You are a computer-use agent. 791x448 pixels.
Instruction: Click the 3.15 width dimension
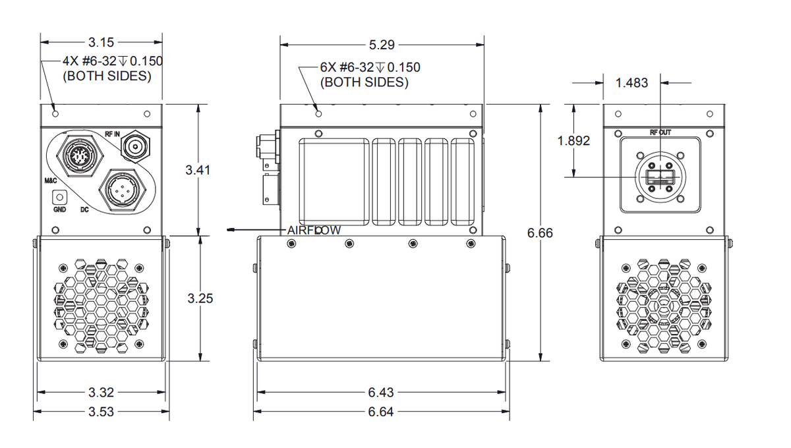coord(102,43)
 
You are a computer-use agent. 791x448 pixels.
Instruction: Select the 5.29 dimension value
coord(382,45)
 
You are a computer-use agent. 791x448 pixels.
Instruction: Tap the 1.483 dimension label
coord(631,83)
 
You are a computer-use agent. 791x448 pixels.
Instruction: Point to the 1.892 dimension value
coord(573,141)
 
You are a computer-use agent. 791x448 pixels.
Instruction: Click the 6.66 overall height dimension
coord(540,233)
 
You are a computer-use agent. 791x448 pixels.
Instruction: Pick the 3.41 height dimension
coord(198,170)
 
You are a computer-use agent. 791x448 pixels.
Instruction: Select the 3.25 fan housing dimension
coord(199,298)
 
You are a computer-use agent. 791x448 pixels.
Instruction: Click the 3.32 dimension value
coord(101,393)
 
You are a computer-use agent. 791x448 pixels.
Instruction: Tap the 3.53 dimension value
coord(101,412)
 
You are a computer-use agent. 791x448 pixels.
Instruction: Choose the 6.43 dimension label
coord(381,393)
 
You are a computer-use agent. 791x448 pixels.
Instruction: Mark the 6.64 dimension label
coord(381,412)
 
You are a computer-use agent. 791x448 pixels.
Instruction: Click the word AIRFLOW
coord(314,230)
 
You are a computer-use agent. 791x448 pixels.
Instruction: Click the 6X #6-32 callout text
coord(370,67)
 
